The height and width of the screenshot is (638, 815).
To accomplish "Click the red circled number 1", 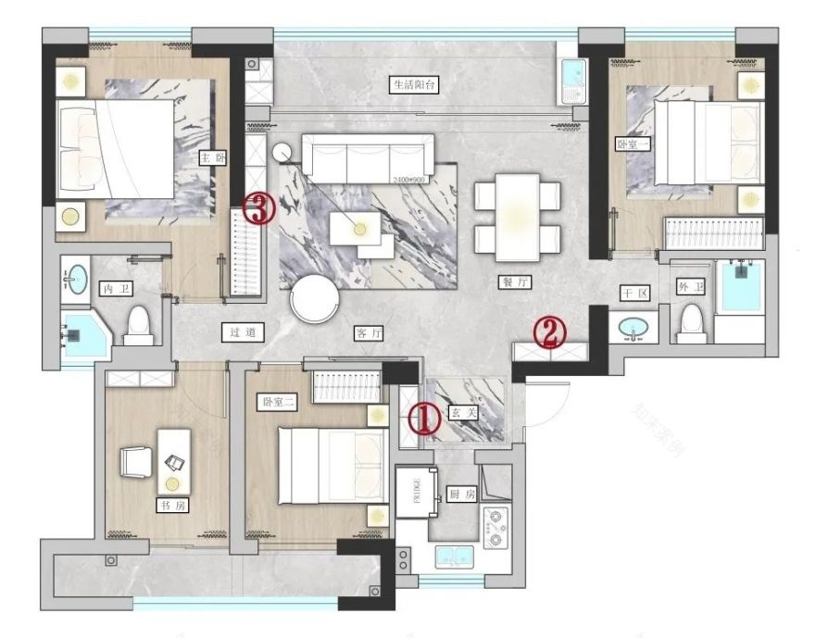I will pyautogui.click(x=422, y=419).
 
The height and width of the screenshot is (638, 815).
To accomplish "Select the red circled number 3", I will pyautogui.click(x=260, y=209).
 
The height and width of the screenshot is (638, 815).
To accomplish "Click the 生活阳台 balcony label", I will pyautogui.click(x=412, y=84).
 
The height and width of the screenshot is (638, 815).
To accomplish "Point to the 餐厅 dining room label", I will pyautogui.click(x=510, y=284).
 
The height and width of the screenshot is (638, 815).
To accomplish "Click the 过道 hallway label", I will pyautogui.click(x=239, y=331).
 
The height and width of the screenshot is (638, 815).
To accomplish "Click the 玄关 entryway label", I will pyautogui.click(x=462, y=413).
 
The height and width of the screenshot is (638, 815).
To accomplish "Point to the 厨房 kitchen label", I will pyautogui.click(x=461, y=494).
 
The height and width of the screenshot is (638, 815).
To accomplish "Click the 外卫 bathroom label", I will pyautogui.click(x=690, y=287).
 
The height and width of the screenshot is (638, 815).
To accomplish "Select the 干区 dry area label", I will pyautogui.click(x=634, y=293).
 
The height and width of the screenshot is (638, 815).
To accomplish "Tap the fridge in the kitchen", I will pyautogui.click(x=409, y=492).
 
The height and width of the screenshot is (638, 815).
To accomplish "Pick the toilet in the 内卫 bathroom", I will pyautogui.click(x=140, y=323).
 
